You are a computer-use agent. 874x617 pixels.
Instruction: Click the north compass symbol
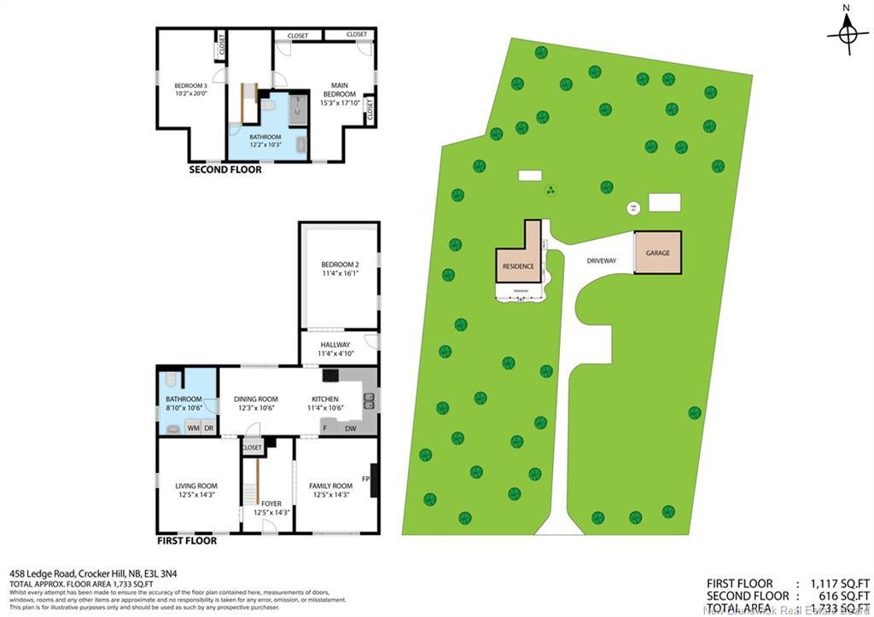846,34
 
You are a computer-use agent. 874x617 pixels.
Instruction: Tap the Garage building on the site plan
657,253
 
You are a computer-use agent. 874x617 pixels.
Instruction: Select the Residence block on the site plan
518,265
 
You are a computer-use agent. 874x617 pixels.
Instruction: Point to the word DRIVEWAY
601,260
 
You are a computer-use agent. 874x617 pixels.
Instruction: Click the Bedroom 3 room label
190,90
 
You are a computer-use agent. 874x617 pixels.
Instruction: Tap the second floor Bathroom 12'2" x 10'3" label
265,141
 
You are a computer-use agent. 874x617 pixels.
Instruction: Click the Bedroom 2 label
340,269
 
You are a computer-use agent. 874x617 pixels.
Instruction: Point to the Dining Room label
256,403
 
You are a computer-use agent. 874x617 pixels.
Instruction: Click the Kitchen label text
324,403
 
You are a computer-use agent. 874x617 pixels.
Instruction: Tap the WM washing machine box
193,427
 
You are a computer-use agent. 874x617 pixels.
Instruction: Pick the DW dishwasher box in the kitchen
351,428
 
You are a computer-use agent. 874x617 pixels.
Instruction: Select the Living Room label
196,490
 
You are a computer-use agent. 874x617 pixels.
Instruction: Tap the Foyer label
272,508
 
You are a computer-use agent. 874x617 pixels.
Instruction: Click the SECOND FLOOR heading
225,170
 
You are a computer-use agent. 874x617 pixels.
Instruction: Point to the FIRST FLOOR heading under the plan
186,540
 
